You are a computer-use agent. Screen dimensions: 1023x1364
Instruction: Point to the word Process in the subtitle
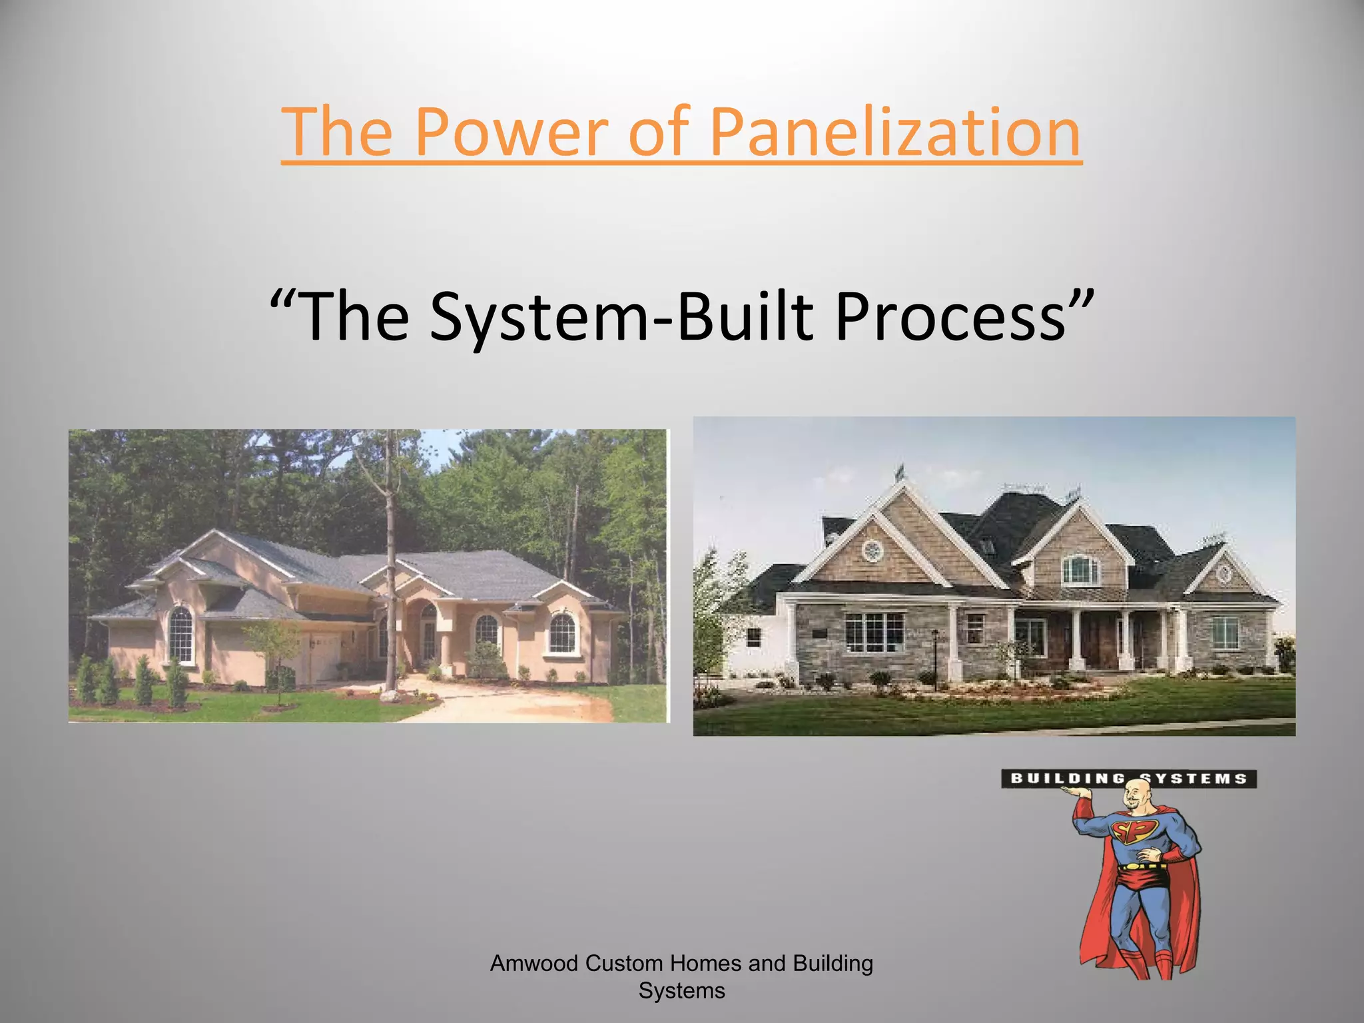[x=950, y=316]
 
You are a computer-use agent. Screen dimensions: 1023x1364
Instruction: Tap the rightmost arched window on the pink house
[x=561, y=633]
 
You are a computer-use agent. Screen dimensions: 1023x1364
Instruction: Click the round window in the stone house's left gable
[x=870, y=550]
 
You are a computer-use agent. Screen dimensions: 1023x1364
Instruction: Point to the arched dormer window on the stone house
[x=1080, y=569]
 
